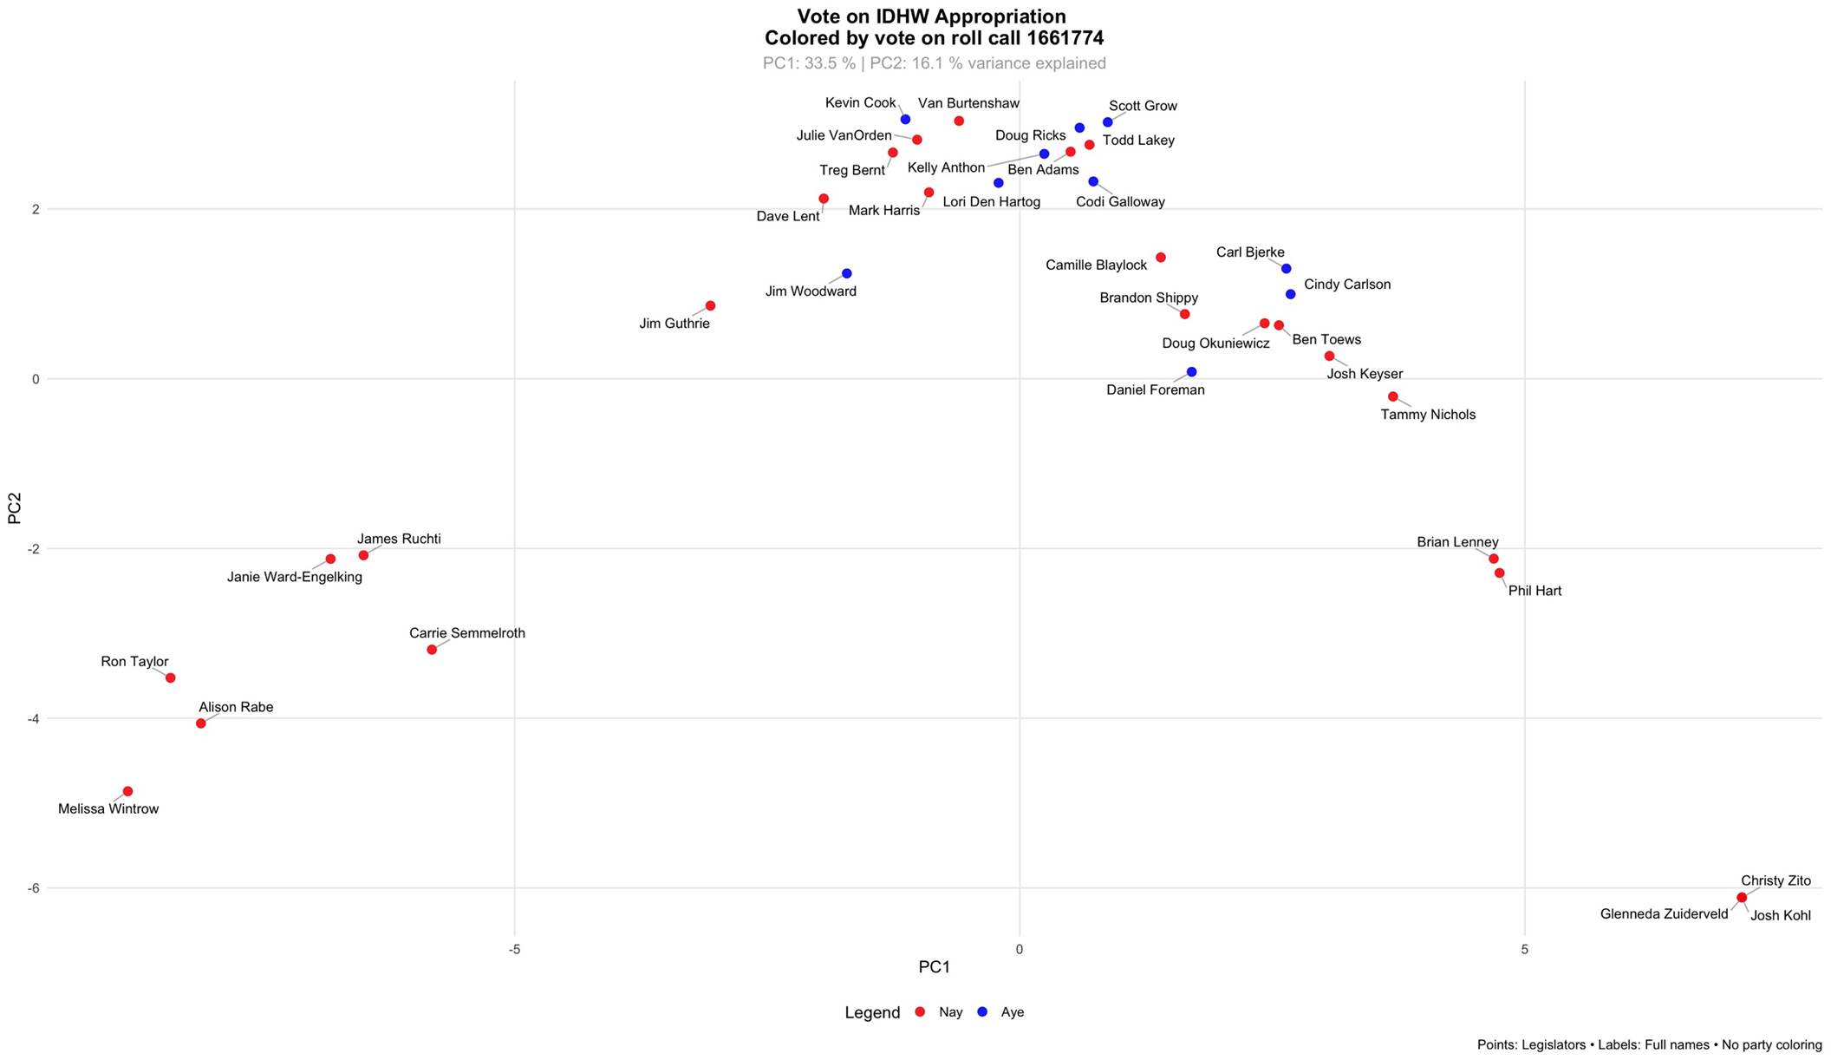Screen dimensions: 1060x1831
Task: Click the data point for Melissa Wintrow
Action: tap(127, 791)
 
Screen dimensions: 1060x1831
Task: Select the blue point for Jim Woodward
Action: tap(847, 274)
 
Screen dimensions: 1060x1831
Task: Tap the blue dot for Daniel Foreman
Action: tap(1191, 372)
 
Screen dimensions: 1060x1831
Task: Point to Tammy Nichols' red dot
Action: tap(1393, 396)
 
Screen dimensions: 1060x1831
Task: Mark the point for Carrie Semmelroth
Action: tap(432, 650)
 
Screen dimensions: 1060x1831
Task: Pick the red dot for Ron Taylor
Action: tap(170, 677)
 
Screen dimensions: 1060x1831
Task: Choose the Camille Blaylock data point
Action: tap(1161, 258)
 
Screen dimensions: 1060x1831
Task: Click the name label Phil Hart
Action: tap(1535, 591)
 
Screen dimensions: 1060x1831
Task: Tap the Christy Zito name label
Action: tap(1776, 880)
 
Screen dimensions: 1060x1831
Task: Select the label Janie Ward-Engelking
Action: tap(295, 577)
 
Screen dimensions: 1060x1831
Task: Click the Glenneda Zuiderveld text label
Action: tap(1664, 913)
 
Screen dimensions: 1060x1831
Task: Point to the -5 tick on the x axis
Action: tap(515, 949)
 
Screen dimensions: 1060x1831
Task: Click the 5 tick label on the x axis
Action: tap(1524, 949)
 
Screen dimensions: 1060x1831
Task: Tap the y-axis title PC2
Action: tap(15, 508)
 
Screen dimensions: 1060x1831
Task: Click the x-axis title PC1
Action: tap(935, 967)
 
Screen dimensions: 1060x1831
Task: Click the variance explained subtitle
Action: tap(934, 63)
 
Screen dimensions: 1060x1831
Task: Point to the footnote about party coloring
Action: tap(1649, 1045)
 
